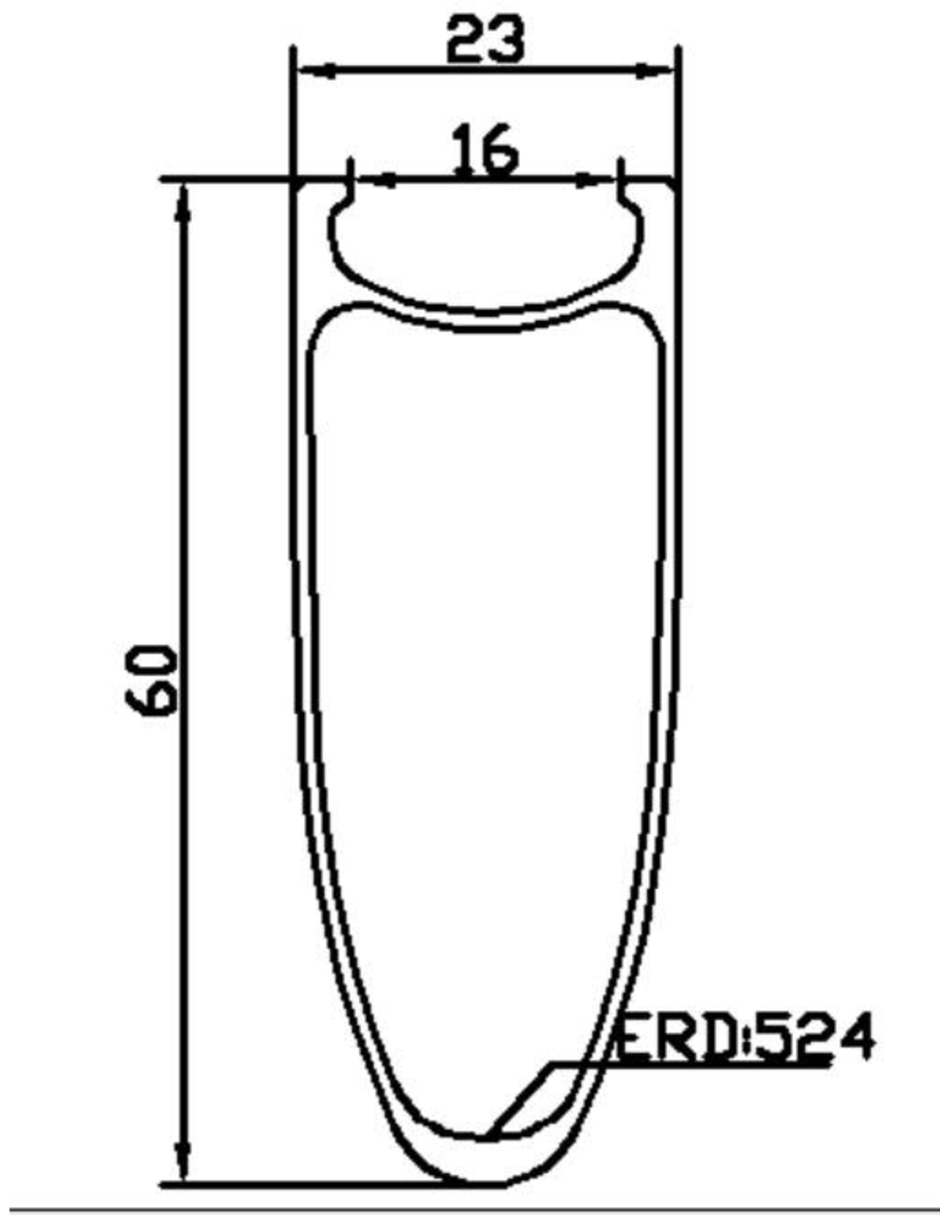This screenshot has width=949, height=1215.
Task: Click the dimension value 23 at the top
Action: tap(485, 40)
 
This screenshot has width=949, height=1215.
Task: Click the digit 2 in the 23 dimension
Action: tap(464, 40)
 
